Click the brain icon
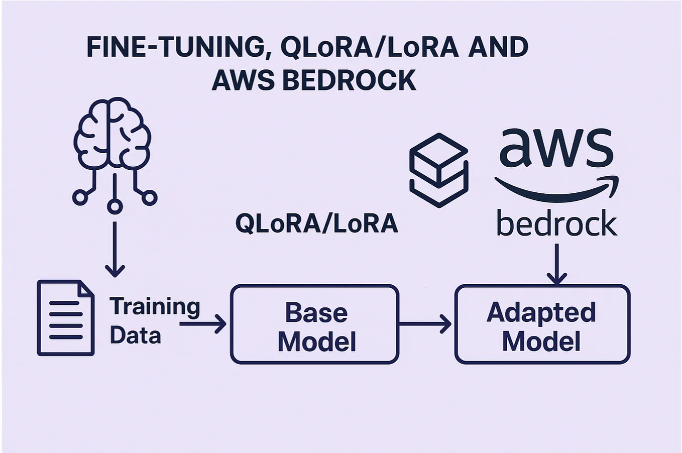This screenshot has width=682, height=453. click(x=112, y=133)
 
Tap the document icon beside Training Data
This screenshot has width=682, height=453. click(x=66, y=318)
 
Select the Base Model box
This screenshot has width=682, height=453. click(x=315, y=324)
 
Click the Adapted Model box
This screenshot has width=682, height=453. click(x=542, y=324)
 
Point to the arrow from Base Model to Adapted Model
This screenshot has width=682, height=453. click(x=426, y=324)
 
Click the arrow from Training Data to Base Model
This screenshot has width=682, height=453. click(x=203, y=324)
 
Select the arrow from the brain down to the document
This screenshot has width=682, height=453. click(x=115, y=249)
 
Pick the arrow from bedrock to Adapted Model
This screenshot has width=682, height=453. click(x=556, y=264)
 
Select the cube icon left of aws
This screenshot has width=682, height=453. click(x=439, y=170)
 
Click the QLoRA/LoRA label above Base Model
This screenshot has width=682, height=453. click(x=316, y=224)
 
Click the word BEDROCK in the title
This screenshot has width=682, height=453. click(x=350, y=80)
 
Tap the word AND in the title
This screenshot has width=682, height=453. click(x=498, y=47)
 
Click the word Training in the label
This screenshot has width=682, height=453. click(x=155, y=306)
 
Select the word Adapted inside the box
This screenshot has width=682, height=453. click(x=541, y=312)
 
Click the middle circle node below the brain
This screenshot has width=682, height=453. click(x=115, y=206)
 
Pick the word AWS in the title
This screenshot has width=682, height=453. click(x=243, y=80)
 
